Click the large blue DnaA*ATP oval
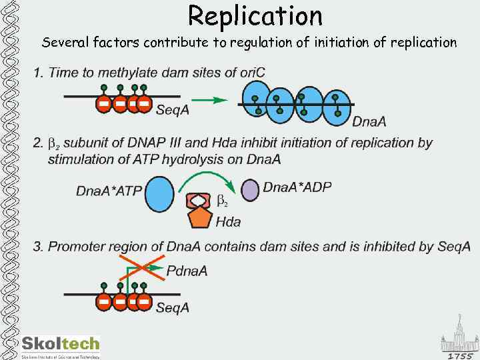159,193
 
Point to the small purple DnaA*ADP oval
249,190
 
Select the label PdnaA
187,271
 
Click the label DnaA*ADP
297,187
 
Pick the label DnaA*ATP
109,191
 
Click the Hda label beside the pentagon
228,222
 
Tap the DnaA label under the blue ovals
369,121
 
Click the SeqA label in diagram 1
172,111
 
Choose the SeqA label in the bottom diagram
172,307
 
